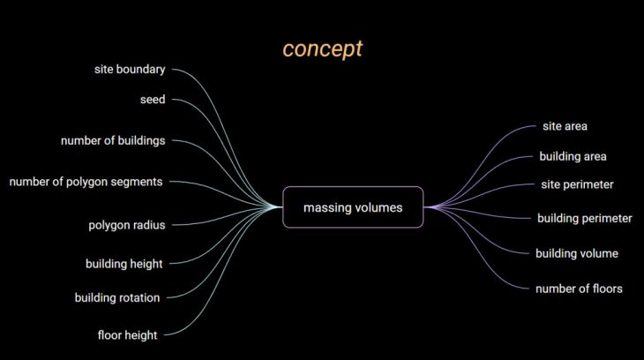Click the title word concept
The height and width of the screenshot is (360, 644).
[322, 49]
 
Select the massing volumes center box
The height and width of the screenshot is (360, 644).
[353, 207]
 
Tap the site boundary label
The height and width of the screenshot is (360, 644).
[130, 70]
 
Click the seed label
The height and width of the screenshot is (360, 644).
[153, 100]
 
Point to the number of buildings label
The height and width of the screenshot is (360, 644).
[113, 140]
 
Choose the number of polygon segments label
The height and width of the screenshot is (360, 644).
[86, 182]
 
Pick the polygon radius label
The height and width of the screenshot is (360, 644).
[127, 225]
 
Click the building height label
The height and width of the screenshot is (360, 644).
[124, 264]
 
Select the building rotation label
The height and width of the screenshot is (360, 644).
[117, 298]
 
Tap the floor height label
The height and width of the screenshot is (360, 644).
[128, 335]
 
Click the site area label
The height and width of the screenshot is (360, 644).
[565, 126]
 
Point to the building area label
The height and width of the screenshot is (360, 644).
[573, 156]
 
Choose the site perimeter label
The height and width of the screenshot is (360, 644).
[577, 184]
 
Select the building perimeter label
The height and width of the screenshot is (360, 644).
[584, 218]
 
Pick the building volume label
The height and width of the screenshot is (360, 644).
[577, 254]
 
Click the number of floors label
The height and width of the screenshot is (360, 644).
[579, 289]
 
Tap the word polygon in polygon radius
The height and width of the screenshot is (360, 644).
[109, 225]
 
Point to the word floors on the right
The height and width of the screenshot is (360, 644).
[605, 289]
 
